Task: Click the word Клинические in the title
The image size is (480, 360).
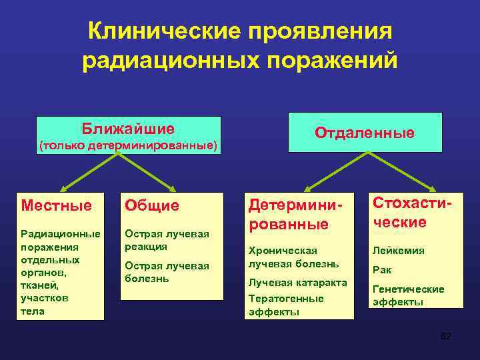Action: pyautogui.click(x=161, y=31)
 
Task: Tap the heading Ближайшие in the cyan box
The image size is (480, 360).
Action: pyautogui.click(x=128, y=128)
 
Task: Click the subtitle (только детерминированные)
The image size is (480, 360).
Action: pyautogui.click(x=128, y=145)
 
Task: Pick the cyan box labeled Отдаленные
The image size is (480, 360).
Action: pyautogui.click(x=365, y=133)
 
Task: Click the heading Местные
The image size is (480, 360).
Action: pyautogui.click(x=57, y=205)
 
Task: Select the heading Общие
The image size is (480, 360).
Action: pyautogui.click(x=153, y=205)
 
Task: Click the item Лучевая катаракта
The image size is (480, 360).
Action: pyautogui.click(x=297, y=282)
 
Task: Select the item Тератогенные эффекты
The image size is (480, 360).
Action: pyautogui.click(x=286, y=305)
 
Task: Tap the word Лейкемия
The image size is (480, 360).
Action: pyautogui.click(x=398, y=251)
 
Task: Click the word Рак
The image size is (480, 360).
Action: pyautogui.click(x=382, y=270)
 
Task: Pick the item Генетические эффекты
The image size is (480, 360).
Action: pyautogui.click(x=408, y=295)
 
